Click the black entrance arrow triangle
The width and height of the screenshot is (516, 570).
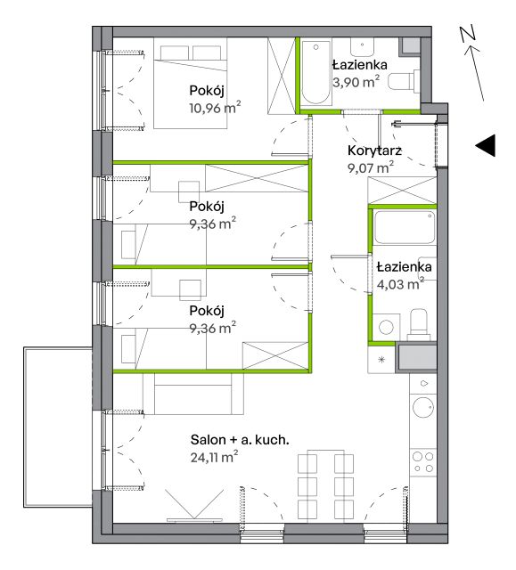487,146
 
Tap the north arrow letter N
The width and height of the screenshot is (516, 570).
468,35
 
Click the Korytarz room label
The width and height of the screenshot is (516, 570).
374,151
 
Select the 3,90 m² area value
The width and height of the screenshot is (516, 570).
356,82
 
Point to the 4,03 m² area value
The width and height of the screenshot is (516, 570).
400,284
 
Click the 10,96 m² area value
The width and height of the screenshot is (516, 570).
215,108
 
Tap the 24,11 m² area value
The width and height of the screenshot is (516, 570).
214,457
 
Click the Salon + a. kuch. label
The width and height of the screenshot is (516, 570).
240,440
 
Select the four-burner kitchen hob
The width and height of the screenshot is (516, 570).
423,462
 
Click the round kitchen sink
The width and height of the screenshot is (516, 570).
423,407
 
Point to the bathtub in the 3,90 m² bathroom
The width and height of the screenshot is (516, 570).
316,72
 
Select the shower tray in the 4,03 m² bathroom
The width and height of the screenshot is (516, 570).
405,228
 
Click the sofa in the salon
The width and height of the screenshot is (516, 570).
193,394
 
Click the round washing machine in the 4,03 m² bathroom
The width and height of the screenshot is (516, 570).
386,327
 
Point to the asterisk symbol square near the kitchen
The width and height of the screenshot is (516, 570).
381,360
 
